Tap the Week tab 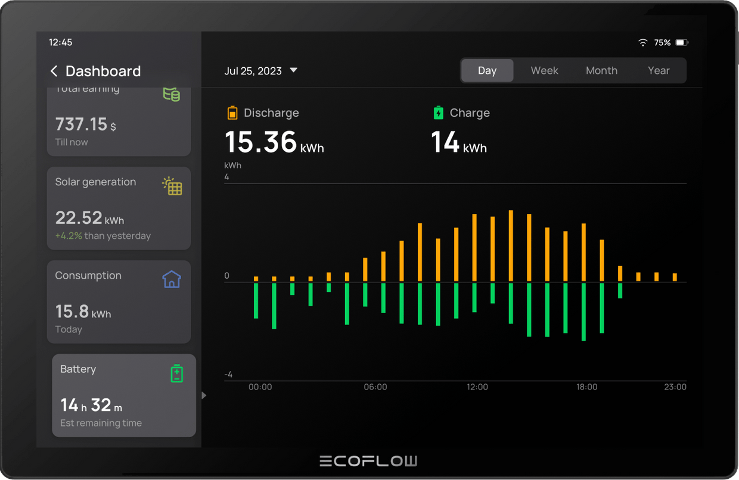coord(544,70)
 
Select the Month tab coord(601,70)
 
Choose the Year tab coord(659,70)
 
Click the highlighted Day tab coord(487,70)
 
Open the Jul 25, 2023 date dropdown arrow coord(293,70)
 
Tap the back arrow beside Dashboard coord(54,71)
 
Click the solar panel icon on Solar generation coord(172,186)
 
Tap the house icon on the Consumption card coord(172,279)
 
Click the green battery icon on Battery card coord(176,373)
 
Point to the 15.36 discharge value coord(260,142)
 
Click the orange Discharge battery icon coord(232,113)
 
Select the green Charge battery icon coord(438,113)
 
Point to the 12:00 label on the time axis coord(477,387)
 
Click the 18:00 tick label coord(586,387)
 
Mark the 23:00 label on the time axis coord(675,387)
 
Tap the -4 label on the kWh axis coord(228,375)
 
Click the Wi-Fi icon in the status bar coord(642,43)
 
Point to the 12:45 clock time coord(60,42)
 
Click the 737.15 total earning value coord(81,124)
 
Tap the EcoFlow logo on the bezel coord(368,461)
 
